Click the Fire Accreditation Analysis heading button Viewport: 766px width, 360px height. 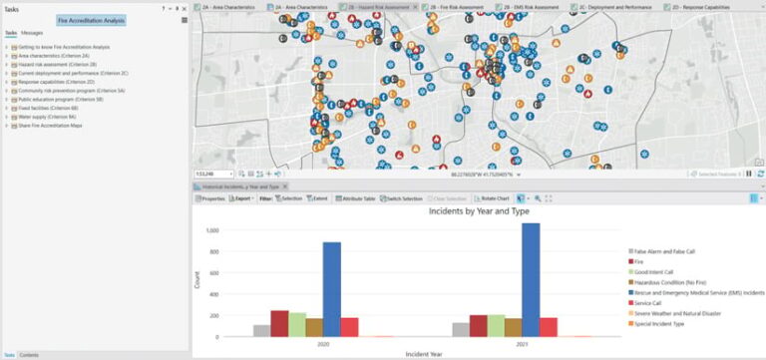tap(90, 19)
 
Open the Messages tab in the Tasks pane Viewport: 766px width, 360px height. tap(32, 33)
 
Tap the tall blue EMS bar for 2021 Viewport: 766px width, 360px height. tap(531, 280)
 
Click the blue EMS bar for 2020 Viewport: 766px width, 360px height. tap(331, 290)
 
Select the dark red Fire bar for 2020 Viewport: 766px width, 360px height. tap(279, 324)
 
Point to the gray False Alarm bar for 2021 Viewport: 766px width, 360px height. tap(460, 330)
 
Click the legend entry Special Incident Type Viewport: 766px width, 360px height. tap(664, 324)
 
